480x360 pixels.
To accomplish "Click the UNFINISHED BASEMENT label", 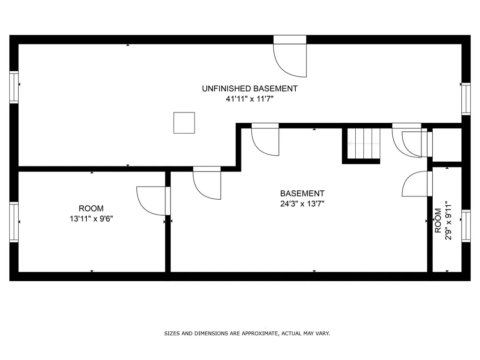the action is point(249,89).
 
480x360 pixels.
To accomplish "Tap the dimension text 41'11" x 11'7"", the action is point(249,99).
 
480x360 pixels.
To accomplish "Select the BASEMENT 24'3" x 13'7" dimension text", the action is point(302,203).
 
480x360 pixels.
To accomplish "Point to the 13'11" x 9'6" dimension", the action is point(91,219).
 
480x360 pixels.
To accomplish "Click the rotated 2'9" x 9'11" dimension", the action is point(448,220).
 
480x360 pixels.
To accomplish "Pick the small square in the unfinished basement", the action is point(184,123).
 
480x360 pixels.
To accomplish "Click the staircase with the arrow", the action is point(364,143).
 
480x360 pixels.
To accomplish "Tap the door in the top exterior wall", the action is point(290,56).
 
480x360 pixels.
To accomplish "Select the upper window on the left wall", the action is point(14,87).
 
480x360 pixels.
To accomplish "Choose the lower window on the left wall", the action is point(14,222).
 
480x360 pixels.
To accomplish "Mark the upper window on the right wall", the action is point(466,99).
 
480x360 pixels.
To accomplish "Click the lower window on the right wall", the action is point(466,226).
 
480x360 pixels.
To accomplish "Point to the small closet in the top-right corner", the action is point(447,145).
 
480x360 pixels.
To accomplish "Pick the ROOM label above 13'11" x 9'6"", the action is point(91,209).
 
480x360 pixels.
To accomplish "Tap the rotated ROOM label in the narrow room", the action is point(438,220).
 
